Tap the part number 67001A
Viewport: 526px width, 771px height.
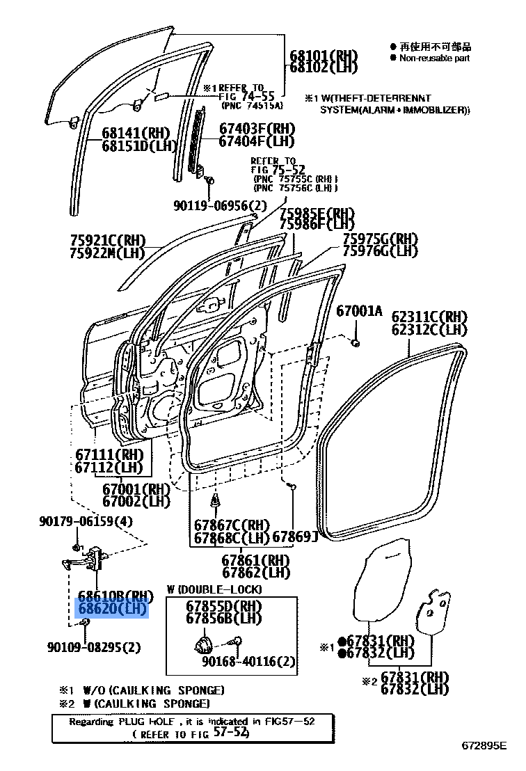click(x=360, y=311)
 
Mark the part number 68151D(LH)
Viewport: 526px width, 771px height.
click(x=136, y=146)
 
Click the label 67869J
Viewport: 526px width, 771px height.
click(x=294, y=536)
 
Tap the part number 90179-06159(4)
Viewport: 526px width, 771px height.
click(x=86, y=522)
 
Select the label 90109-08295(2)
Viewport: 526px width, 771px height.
click(x=94, y=647)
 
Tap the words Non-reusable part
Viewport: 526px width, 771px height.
click(x=434, y=58)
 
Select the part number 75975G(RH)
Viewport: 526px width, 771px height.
click(x=380, y=239)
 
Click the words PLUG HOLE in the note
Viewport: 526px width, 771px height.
click(x=143, y=722)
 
